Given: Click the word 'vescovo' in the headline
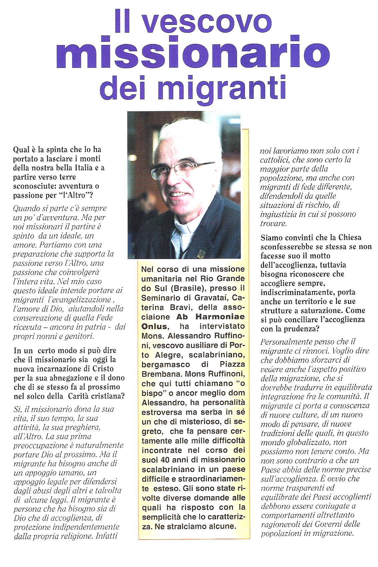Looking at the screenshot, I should tap(207, 22).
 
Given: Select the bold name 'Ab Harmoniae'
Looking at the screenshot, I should tap(210, 317).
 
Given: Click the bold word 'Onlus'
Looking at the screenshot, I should tap(154, 326).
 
